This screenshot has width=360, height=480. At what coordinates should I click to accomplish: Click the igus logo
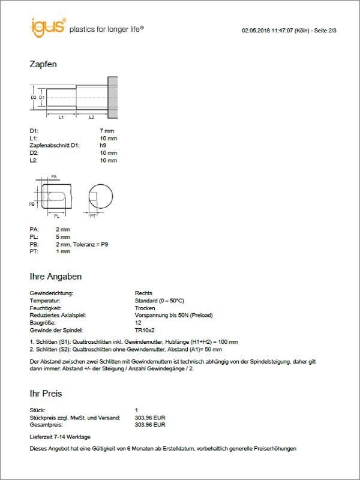pos(47,26)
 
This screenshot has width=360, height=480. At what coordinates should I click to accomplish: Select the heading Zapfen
pos(43,64)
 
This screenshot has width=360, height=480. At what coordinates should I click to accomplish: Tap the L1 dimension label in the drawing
pos(61,118)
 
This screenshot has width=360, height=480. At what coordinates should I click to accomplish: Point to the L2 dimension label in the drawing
pos(91,118)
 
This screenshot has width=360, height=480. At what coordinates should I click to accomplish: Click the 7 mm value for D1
pos(107,131)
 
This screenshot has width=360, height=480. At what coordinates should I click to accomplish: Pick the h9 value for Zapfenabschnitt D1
pos(103,146)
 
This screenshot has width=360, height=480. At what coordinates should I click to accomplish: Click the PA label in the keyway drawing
pos(54,177)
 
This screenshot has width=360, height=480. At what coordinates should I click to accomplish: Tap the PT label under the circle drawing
pos(93,215)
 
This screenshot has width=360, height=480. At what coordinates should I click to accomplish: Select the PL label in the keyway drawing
pos(56,215)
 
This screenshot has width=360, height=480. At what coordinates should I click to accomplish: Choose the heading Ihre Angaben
pos(56,277)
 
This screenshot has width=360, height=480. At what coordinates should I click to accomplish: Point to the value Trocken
pos(146,308)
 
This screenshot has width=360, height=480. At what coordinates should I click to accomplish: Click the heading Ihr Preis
pos(46,394)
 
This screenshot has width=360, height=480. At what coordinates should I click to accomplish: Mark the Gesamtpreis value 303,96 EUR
pos(151,424)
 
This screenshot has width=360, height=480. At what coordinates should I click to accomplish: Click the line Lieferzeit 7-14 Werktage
pos(60,436)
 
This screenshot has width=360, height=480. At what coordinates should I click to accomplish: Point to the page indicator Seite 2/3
pos(323,29)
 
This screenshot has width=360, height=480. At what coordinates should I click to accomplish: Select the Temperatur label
pos(46,301)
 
